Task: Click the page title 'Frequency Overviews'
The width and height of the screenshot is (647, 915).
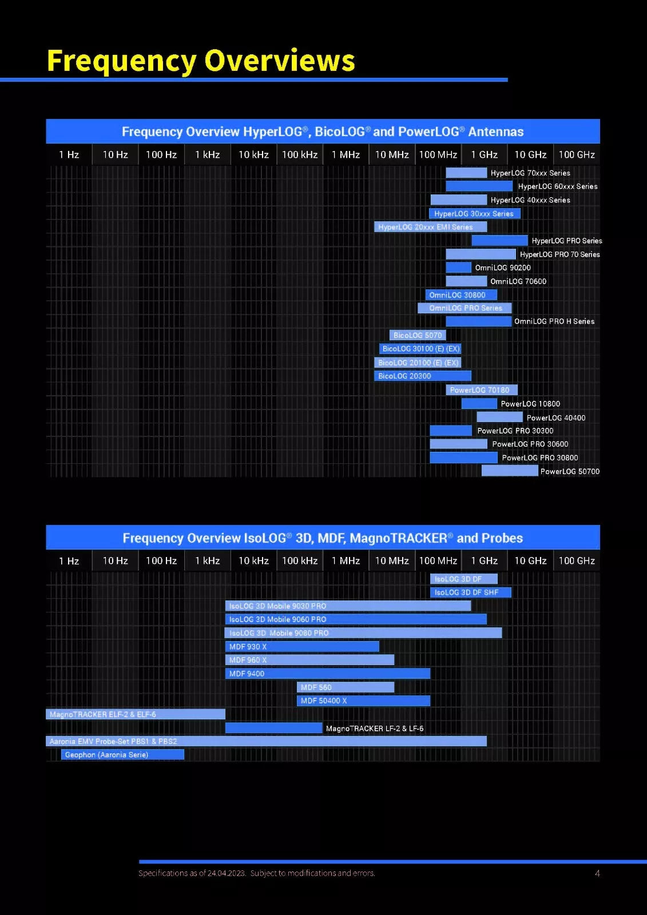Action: [x=201, y=61]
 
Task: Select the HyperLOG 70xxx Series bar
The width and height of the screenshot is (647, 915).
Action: [x=466, y=173]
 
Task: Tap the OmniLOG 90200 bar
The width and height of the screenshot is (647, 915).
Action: [x=458, y=268]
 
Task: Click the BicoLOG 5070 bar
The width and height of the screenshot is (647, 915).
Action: [x=417, y=335]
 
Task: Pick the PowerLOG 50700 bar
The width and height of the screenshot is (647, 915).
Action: [x=509, y=471]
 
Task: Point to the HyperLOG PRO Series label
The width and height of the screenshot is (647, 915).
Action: [x=566, y=241]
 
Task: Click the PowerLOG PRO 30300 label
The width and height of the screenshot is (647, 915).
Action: [x=515, y=431]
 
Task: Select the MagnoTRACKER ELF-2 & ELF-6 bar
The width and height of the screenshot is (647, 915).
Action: [x=135, y=714]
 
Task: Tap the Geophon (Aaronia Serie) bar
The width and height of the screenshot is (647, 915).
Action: [x=122, y=755]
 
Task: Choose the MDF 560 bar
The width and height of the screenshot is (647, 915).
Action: [x=346, y=687]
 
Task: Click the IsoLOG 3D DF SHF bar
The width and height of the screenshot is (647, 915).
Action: [x=470, y=592]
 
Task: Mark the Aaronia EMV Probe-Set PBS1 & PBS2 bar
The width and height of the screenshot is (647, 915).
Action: [x=266, y=741]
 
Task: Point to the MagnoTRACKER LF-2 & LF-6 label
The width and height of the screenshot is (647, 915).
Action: [x=375, y=729]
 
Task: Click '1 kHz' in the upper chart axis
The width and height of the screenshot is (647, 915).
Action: [x=207, y=154]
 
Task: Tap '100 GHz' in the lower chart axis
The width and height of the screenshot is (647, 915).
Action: [x=577, y=560]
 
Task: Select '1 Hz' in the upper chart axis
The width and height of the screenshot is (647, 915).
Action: [x=69, y=154]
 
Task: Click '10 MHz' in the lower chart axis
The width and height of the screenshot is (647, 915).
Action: [x=392, y=560]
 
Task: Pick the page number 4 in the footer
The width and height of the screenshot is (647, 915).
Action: [x=597, y=873]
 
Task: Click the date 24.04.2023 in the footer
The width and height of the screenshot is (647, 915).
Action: [x=227, y=873]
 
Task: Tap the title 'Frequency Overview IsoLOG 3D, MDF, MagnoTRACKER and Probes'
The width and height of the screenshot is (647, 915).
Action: [x=323, y=538]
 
